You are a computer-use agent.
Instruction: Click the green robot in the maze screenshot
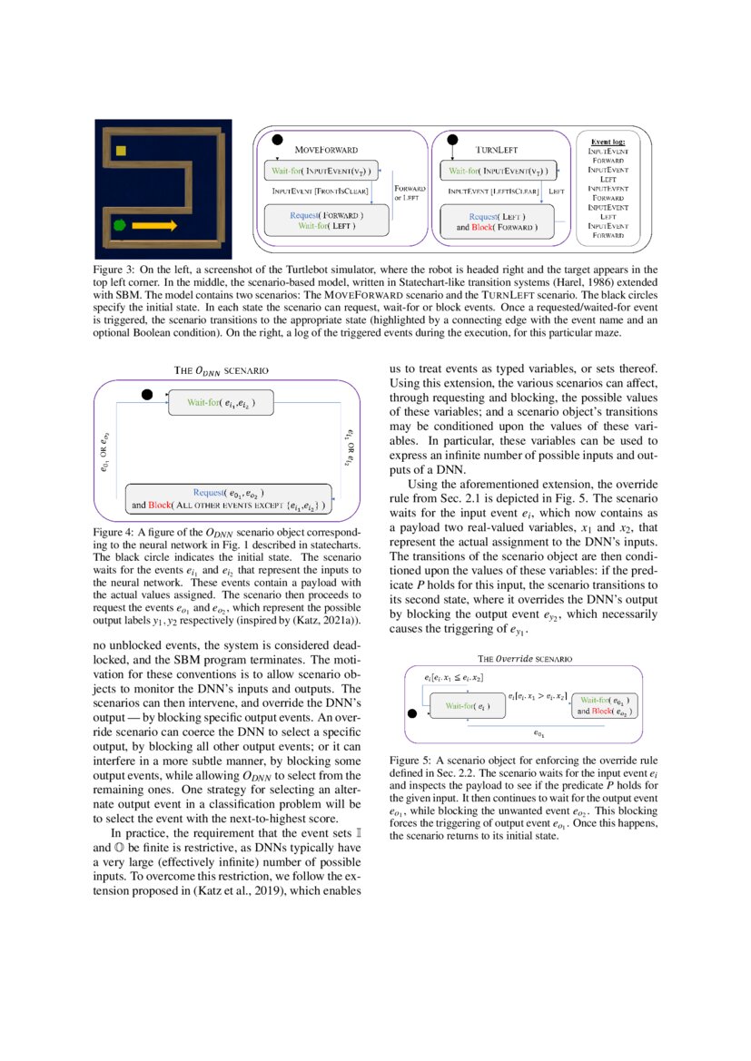tap(119, 224)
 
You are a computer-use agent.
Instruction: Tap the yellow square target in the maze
tap(133, 151)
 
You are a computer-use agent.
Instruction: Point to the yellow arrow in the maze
tap(154, 224)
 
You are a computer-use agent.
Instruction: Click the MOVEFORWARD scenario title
tap(327, 148)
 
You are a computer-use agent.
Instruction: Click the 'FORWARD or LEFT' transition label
tap(410, 192)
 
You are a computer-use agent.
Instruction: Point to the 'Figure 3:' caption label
tap(114, 271)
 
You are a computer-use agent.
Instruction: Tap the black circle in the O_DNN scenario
tap(147, 394)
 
